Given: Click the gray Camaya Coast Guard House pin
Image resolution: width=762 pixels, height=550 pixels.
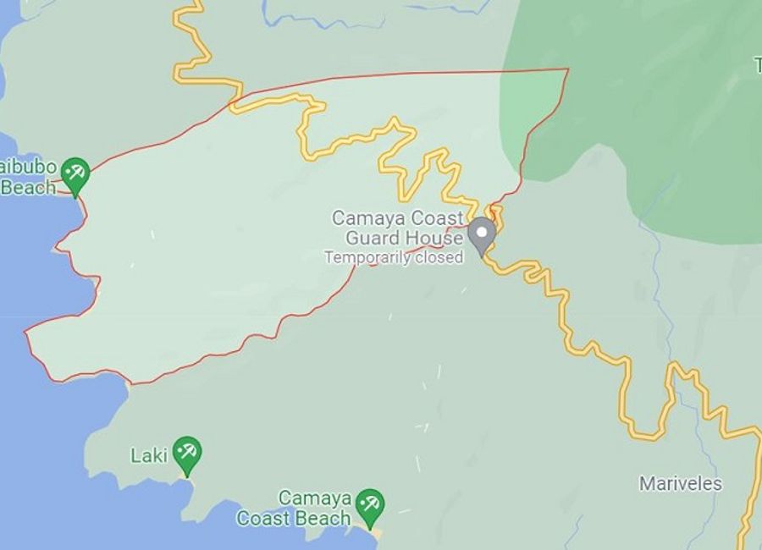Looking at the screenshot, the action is [x=482, y=234].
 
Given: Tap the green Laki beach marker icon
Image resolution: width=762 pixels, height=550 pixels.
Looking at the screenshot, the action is [x=186, y=454].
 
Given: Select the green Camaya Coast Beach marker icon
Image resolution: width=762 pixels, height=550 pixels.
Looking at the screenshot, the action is [x=369, y=505].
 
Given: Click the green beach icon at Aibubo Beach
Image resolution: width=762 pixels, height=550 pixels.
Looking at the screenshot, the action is [x=75, y=174].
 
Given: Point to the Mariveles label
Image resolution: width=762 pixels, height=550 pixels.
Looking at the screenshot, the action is [x=681, y=484].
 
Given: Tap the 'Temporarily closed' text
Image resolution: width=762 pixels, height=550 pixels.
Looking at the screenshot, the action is [x=395, y=257].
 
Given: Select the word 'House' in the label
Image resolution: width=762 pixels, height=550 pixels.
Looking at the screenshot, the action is [x=441, y=238].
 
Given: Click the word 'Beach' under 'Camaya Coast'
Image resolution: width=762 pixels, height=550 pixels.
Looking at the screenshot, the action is [x=329, y=518].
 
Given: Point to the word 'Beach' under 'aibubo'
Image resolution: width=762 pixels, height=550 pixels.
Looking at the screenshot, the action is [x=28, y=187].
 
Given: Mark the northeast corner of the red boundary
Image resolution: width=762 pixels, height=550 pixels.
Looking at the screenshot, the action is [x=568, y=69].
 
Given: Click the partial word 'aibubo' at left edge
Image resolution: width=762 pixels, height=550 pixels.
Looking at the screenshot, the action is [x=28, y=166].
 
